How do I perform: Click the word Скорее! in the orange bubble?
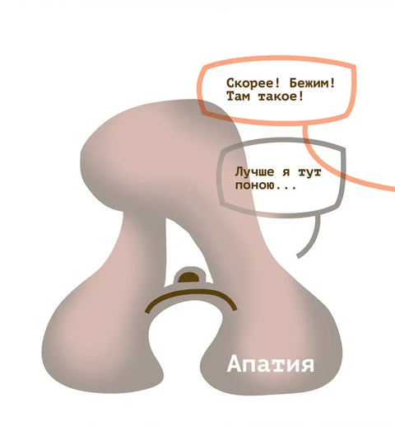click(x=253, y=83)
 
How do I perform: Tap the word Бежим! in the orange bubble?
click(x=312, y=83)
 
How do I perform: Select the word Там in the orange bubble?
click(x=238, y=96)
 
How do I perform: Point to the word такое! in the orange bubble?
click(x=281, y=96)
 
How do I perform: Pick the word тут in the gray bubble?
click(x=309, y=173)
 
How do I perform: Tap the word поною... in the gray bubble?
click(x=266, y=186)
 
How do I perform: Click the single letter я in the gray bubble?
click(x=286, y=173)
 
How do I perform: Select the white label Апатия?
click(x=270, y=364)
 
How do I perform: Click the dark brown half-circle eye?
click(x=188, y=277)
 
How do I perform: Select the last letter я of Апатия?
click(x=306, y=365)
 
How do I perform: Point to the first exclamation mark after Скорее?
click(x=276, y=83)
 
